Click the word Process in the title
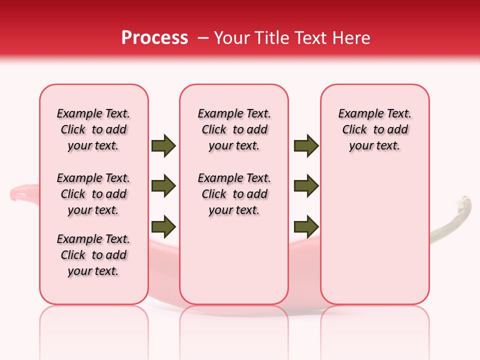pyautogui.click(x=154, y=38)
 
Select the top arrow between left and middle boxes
pyautogui.click(x=163, y=145)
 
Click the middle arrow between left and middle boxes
pyautogui.click(x=163, y=186)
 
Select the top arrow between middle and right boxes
pyautogui.click(x=306, y=145)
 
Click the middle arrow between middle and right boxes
pyautogui.click(x=306, y=186)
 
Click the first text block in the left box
pyautogui.click(x=93, y=129)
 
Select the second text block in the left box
pyautogui.click(x=93, y=194)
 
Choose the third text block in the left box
pyautogui.click(x=93, y=255)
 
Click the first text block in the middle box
pyautogui.click(x=234, y=129)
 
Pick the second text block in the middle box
pyautogui.click(x=234, y=194)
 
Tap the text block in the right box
pyautogui.click(x=375, y=129)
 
